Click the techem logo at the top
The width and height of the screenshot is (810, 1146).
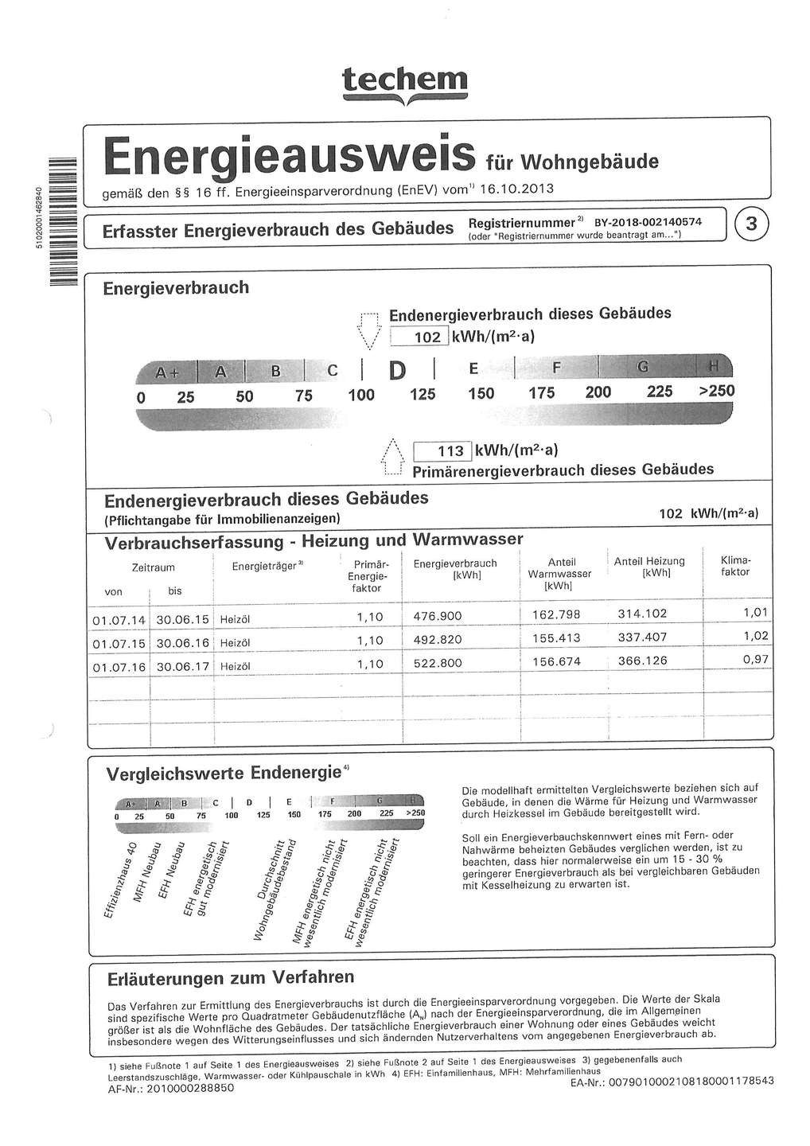pyautogui.click(x=405, y=83)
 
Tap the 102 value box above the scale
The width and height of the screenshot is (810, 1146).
pyautogui.click(x=421, y=337)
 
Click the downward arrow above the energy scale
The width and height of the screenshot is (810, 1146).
pyautogui.click(x=367, y=329)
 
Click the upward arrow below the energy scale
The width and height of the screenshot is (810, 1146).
pyautogui.click(x=391, y=457)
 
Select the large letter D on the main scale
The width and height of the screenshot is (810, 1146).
pyautogui.click(x=397, y=370)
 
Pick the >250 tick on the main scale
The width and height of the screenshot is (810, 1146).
pyautogui.click(x=716, y=391)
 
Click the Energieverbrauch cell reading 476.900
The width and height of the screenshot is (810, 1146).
pyautogui.click(x=438, y=616)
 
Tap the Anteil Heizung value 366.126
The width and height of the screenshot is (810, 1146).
pyautogui.click(x=642, y=661)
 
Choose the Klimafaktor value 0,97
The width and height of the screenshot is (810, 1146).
pyautogui.click(x=755, y=660)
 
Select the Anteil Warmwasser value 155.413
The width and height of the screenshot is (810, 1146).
pyautogui.click(x=556, y=638)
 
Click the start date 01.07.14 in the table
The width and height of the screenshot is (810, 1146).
pyautogui.click(x=119, y=619)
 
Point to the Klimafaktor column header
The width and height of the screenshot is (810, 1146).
pyautogui.click(x=735, y=566)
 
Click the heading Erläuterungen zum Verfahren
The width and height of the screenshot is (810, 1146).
pyautogui.click(x=231, y=978)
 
